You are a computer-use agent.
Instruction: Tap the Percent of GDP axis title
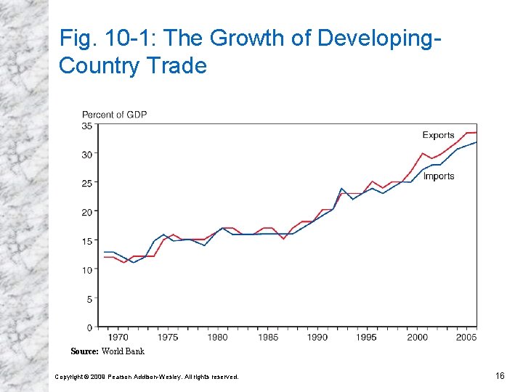(x=114, y=115)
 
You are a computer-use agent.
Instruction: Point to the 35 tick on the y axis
(x=86, y=126)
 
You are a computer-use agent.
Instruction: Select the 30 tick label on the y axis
(x=86, y=155)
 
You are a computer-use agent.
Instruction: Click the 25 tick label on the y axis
(x=86, y=183)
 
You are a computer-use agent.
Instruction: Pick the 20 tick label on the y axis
(x=86, y=212)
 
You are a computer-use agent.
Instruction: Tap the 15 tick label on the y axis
(x=86, y=241)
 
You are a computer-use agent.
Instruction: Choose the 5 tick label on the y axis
(x=89, y=298)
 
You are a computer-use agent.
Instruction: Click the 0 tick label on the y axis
(x=89, y=327)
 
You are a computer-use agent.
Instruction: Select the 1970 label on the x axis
(x=118, y=337)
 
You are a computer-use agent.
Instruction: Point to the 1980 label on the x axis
(x=217, y=337)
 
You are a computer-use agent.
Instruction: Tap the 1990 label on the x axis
(x=317, y=337)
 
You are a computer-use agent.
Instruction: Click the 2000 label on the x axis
(x=417, y=337)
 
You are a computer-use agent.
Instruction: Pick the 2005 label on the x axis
(x=466, y=337)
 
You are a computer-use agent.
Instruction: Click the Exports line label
(x=438, y=135)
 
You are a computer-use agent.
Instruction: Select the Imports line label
(x=439, y=176)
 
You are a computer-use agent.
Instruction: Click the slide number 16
(x=500, y=375)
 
